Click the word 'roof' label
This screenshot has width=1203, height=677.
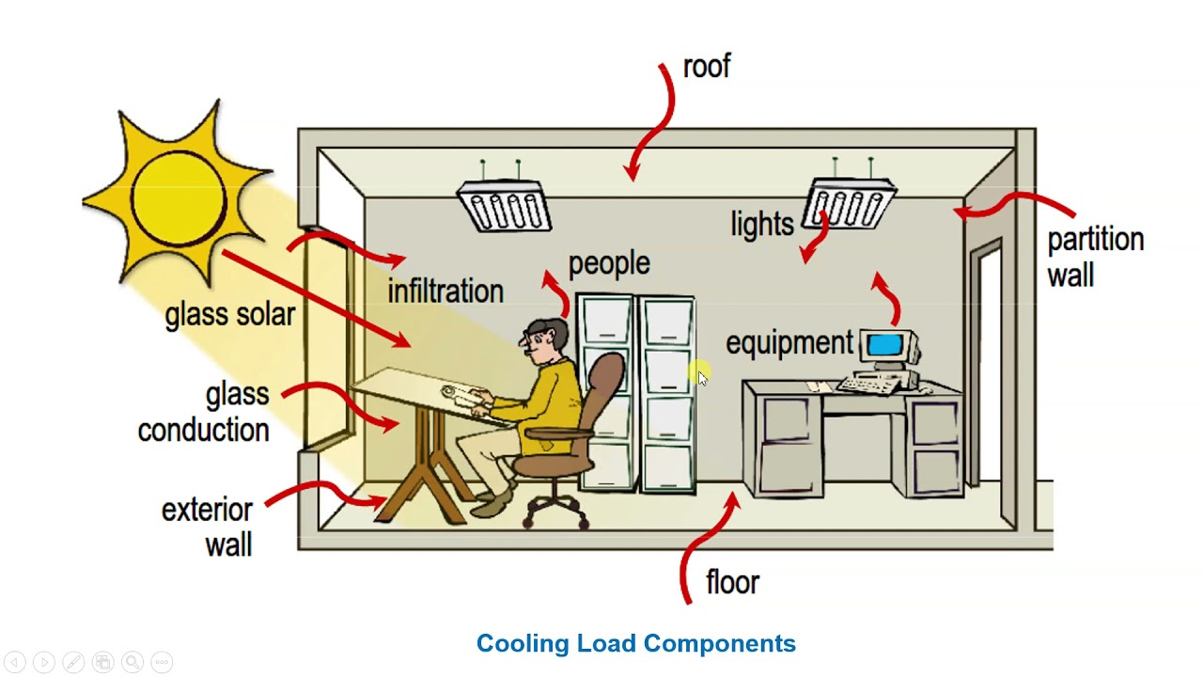(x=706, y=68)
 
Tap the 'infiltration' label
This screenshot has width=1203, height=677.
(x=445, y=291)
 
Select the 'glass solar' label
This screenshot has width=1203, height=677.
(x=229, y=315)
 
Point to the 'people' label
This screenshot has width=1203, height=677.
(x=609, y=264)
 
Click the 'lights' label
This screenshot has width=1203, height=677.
(x=762, y=224)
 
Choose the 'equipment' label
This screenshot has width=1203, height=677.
(x=789, y=344)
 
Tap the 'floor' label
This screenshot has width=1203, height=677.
(x=732, y=583)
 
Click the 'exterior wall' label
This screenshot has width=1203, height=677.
(x=209, y=527)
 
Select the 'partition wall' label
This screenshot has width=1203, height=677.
(x=1095, y=257)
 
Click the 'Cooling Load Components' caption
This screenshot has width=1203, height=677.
(x=635, y=644)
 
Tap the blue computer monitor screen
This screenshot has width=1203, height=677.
(x=884, y=345)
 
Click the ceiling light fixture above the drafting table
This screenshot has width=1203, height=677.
(x=505, y=205)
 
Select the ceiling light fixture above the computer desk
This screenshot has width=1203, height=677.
(x=851, y=203)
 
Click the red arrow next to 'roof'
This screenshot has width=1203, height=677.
(x=655, y=122)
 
